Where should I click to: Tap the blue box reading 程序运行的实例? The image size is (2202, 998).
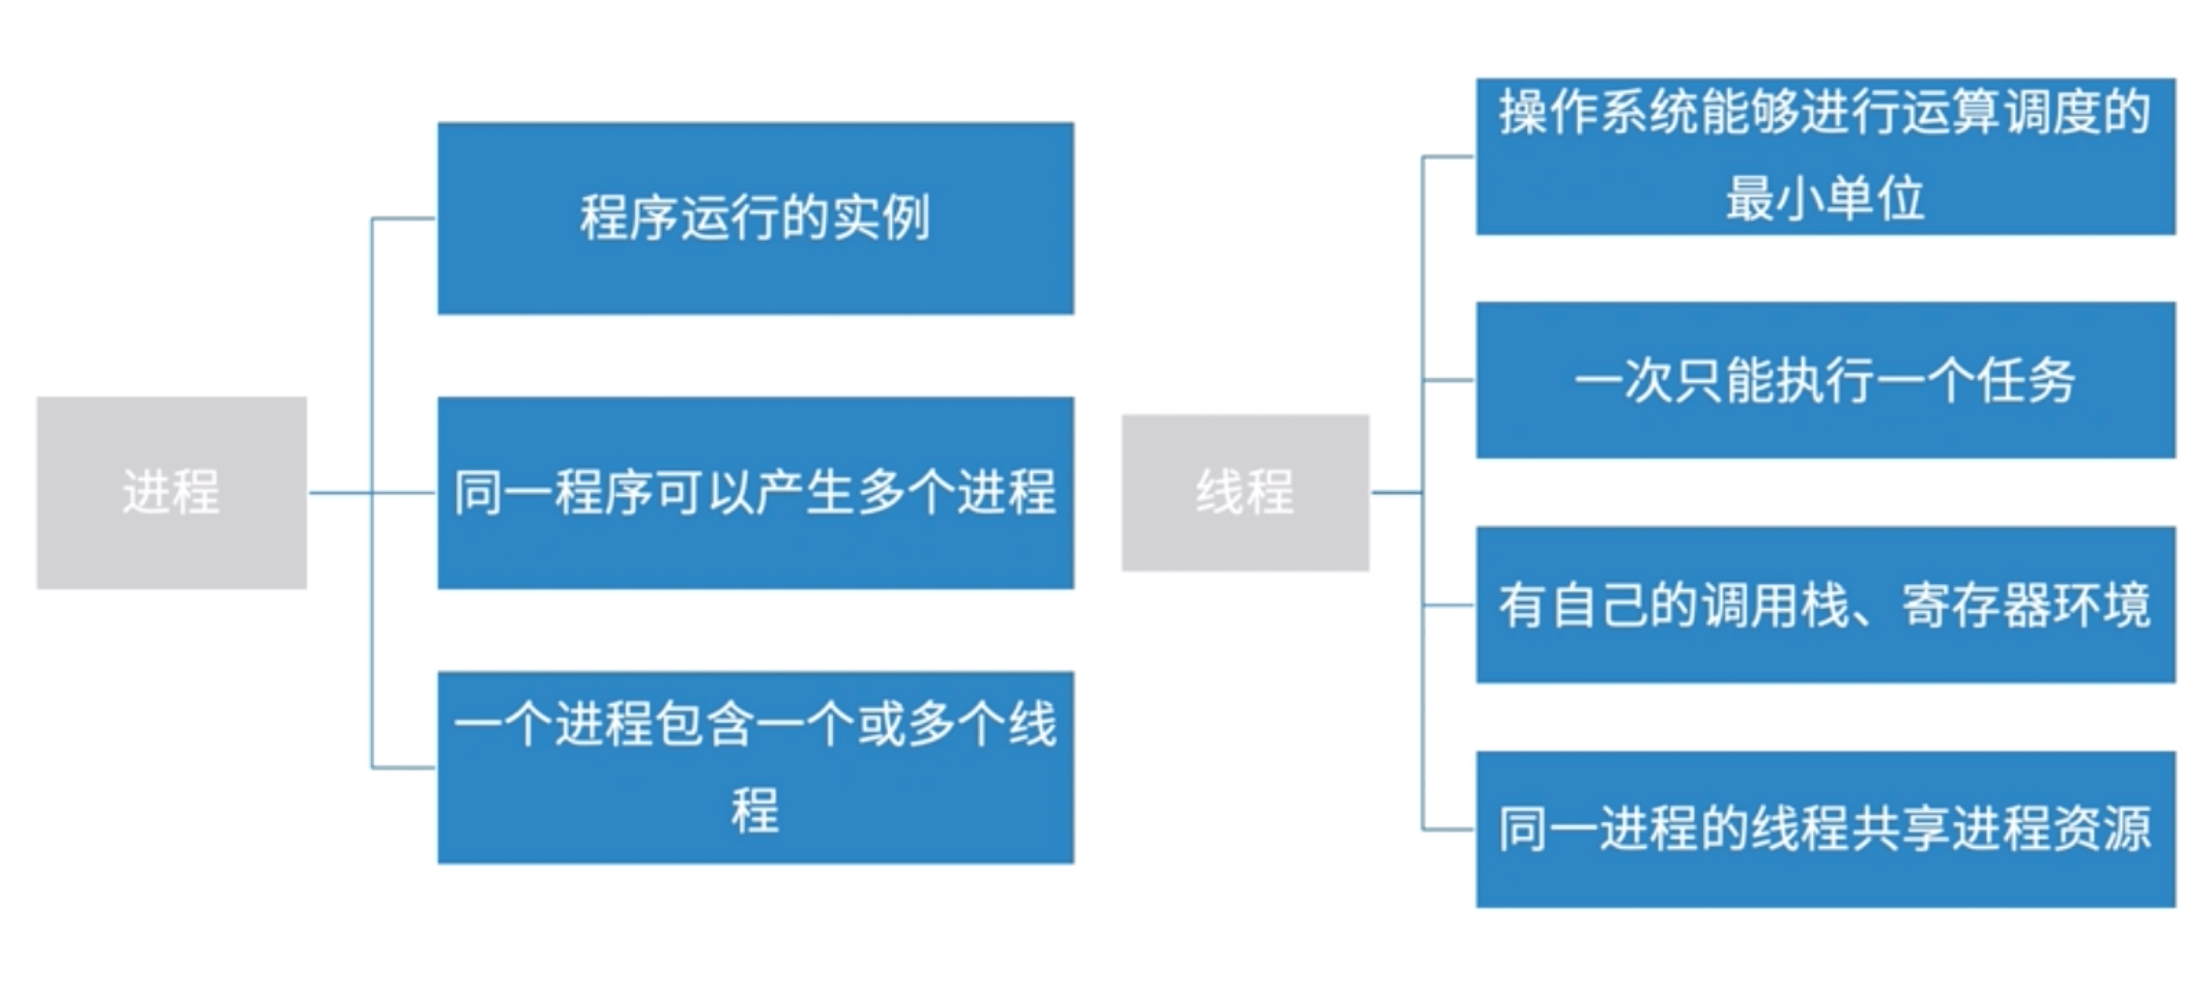tap(756, 218)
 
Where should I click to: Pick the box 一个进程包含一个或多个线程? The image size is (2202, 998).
tap(756, 767)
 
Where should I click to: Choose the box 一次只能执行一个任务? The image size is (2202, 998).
tap(1825, 379)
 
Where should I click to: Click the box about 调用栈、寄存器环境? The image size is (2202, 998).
tap(1825, 605)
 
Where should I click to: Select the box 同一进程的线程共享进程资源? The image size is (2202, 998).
tap(1825, 829)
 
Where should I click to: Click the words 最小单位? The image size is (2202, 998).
tap(1825, 199)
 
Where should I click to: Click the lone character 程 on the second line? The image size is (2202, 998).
tap(755, 809)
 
